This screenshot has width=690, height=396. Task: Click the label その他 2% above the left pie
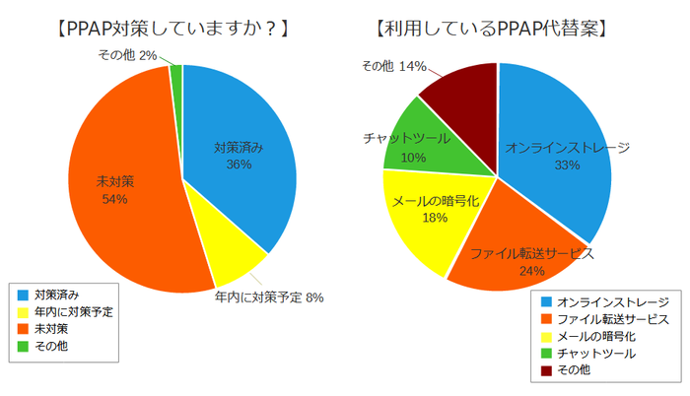pyautogui.click(x=128, y=55)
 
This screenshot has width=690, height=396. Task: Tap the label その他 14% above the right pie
pyautogui.click(x=393, y=65)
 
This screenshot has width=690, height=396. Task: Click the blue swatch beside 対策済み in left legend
pyautogui.click(x=22, y=294)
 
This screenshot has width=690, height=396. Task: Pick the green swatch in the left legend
pyautogui.click(x=22, y=347)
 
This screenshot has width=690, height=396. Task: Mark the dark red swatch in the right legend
pyautogui.click(x=545, y=370)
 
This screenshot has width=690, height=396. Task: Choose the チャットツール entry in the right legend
pyautogui.click(x=595, y=353)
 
